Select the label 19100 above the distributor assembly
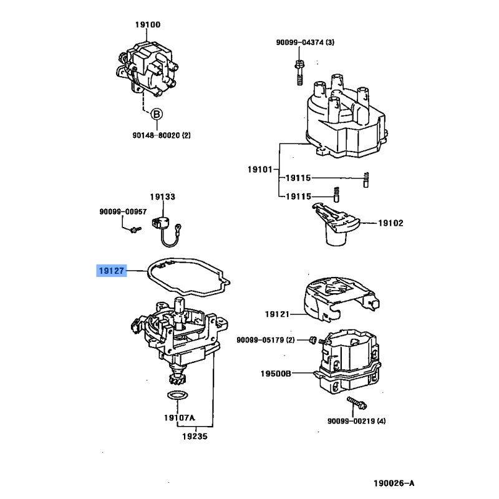(148, 26)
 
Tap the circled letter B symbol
(157, 114)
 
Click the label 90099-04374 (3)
(306, 42)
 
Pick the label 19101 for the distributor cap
(259, 169)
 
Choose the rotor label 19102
(391, 222)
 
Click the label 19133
(165, 197)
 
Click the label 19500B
(276, 374)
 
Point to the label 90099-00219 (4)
(356, 421)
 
